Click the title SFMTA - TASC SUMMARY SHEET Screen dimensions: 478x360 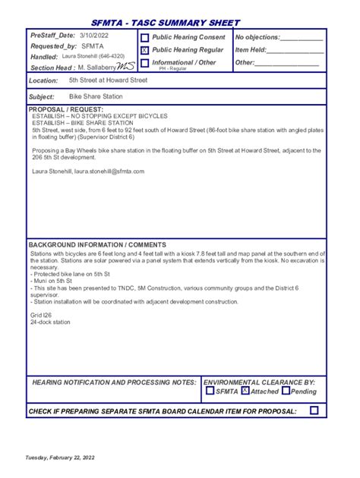(x=165, y=23)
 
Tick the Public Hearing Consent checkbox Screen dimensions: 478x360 (x=144, y=38)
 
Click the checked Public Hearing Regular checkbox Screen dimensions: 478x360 (x=144, y=50)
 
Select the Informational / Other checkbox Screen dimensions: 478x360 (x=144, y=63)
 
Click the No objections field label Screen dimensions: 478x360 (x=257, y=37)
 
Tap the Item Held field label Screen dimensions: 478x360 (x=251, y=49)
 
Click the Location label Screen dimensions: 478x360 (x=44, y=80)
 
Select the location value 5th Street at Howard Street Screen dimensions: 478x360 (x=108, y=80)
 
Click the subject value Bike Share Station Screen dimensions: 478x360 (x=96, y=97)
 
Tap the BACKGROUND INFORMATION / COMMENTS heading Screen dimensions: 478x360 (x=97, y=245)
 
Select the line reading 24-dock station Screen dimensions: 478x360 (x=50, y=322)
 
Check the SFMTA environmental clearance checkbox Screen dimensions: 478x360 (x=210, y=392)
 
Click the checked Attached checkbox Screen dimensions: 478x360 (x=245, y=392)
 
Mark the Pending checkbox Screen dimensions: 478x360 (x=286, y=392)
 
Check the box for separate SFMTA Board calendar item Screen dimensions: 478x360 (x=314, y=410)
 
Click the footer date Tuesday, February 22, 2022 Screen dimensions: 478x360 (x=60, y=458)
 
